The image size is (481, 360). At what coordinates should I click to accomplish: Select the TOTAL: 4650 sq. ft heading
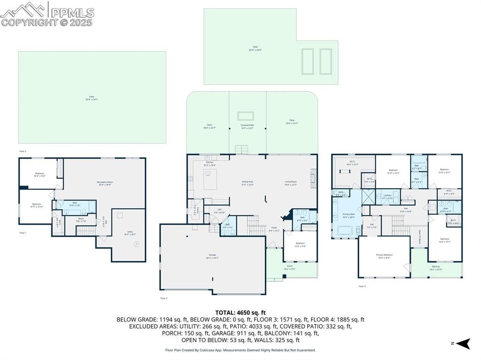pos(240,312)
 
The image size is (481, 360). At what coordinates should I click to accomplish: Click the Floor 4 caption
pos(362,286)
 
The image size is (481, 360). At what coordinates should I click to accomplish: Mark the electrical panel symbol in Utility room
pos(137,244)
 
